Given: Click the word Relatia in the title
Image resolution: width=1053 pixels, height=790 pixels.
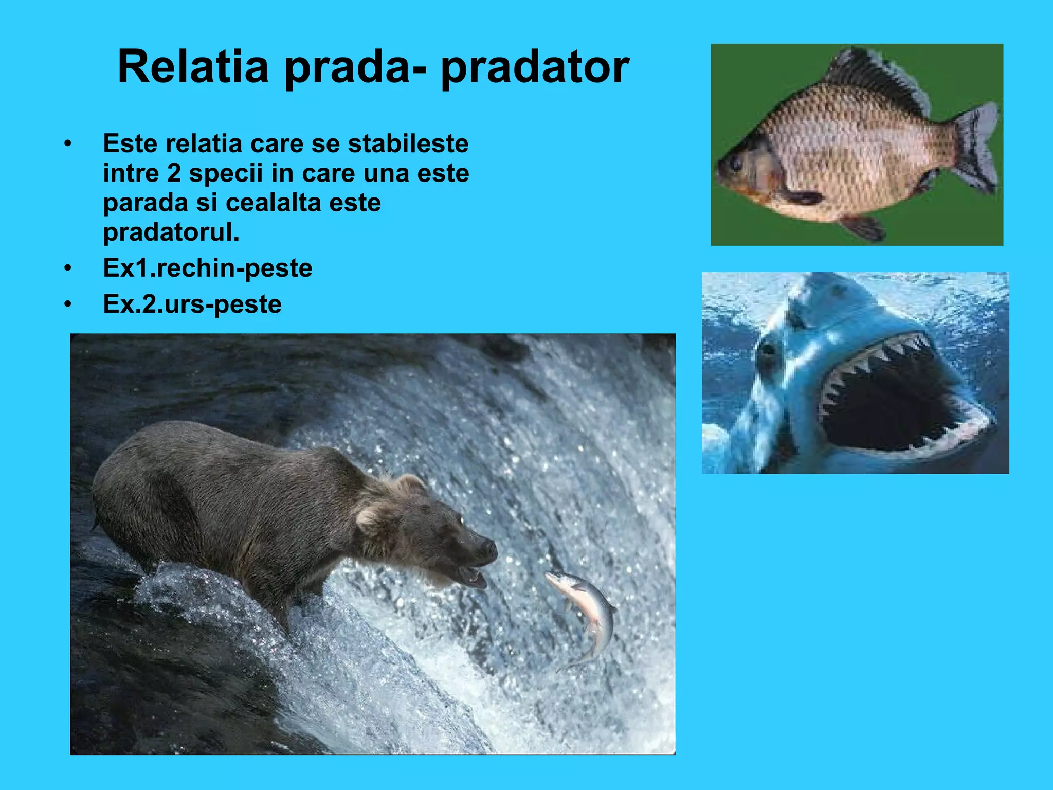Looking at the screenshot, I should tap(193, 67).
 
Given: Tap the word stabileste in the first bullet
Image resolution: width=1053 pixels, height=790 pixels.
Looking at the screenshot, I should tap(408, 143).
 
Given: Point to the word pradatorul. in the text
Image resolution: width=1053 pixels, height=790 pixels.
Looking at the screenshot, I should tap(171, 232).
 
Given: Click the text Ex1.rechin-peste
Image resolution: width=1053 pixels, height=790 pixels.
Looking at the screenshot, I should tap(208, 268).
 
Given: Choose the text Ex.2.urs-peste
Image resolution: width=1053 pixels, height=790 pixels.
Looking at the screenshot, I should tap(192, 304).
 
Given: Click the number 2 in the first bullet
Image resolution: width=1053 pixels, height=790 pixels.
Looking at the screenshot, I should tap(174, 173).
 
